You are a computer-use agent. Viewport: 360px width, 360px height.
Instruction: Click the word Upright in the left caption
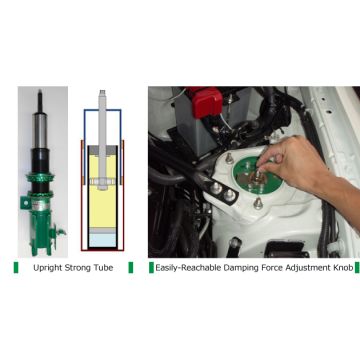(45, 268)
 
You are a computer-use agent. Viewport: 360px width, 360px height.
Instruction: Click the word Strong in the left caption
(79, 268)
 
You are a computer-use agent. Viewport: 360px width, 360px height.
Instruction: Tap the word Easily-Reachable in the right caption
(187, 268)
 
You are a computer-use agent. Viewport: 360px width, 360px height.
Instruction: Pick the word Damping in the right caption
(241, 268)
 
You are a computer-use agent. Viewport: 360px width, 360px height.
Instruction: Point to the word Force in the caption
(275, 268)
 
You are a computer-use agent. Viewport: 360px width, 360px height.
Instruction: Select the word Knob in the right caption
(344, 268)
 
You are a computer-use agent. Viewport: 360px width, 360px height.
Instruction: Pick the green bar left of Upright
(15, 268)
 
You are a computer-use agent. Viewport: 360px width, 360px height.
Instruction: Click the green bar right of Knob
(357, 268)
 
